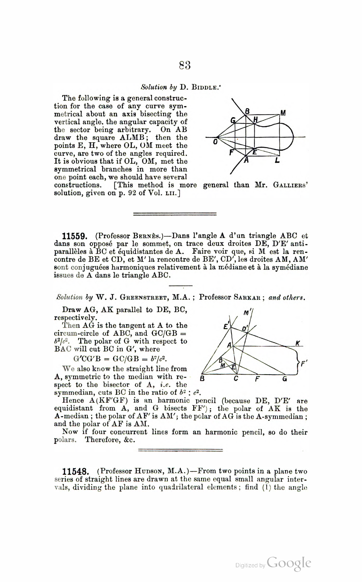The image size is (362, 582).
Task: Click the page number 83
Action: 185,65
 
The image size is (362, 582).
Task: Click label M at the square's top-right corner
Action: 283,113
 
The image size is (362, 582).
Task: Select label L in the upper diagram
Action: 277,160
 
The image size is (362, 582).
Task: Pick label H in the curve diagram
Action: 255,119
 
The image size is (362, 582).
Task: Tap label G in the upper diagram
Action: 233,120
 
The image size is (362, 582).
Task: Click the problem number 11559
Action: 75,237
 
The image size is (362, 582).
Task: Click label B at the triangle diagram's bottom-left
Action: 202,379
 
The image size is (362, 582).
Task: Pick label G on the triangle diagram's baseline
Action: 285,379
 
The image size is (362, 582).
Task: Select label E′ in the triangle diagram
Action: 227,326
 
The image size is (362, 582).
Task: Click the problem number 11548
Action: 75,472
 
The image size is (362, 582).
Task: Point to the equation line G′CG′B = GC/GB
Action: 120,359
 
